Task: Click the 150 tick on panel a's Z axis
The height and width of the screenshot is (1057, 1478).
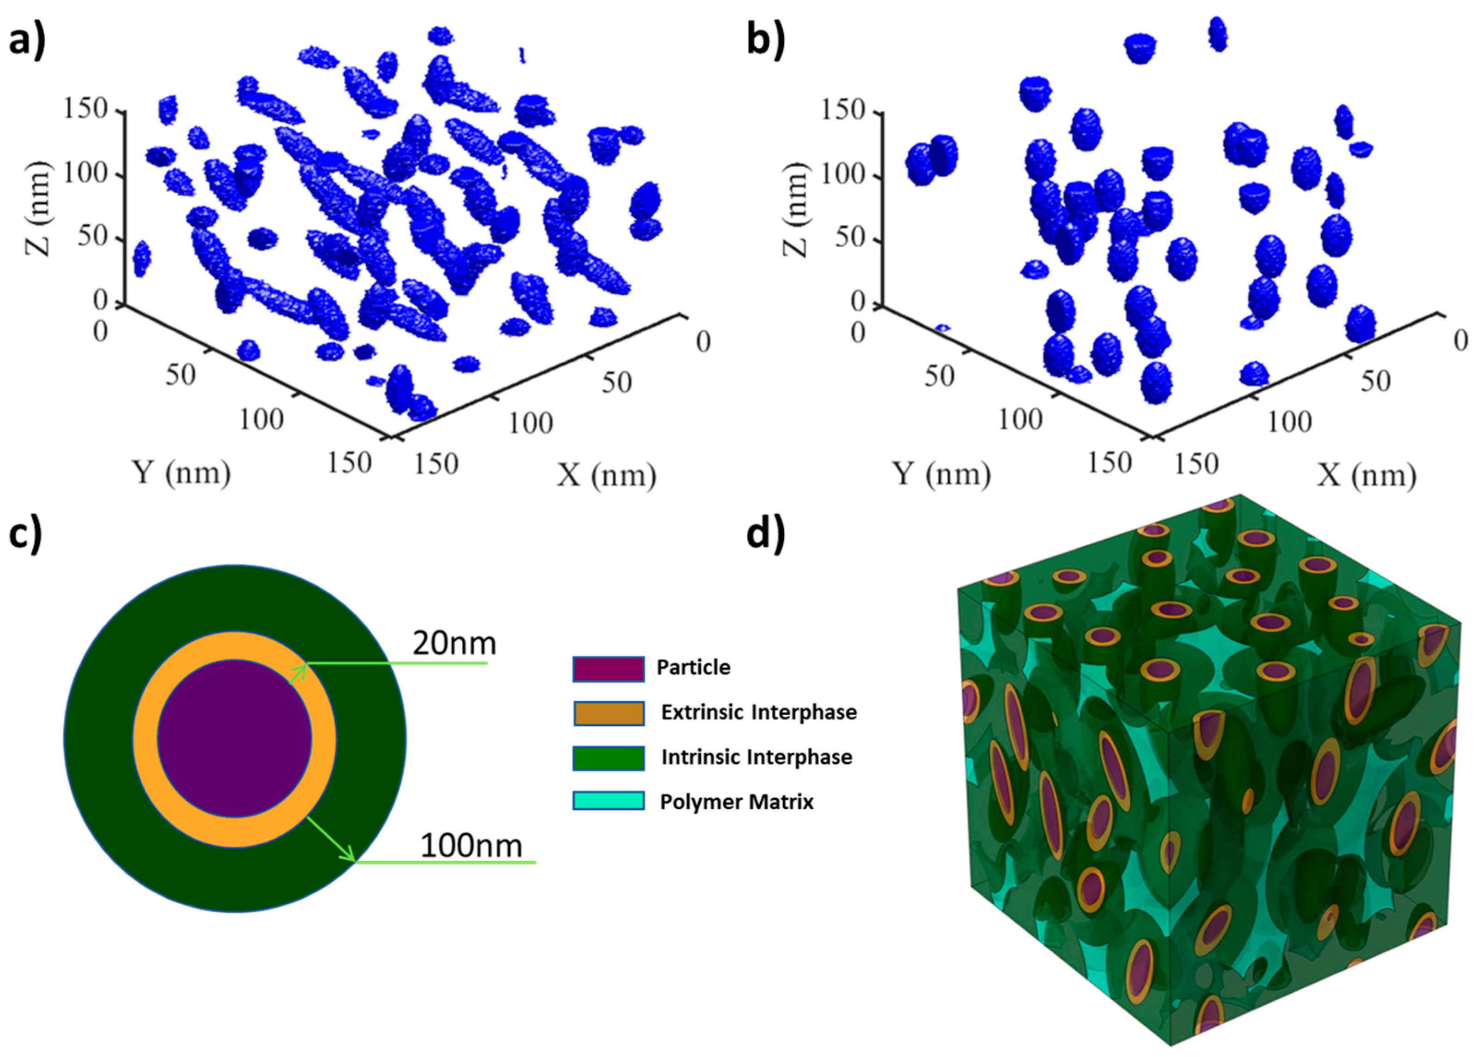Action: tap(84, 109)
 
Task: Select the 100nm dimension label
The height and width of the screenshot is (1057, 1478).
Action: tap(471, 846)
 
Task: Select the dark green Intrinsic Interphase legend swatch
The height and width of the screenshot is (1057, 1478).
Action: tap(608, 758)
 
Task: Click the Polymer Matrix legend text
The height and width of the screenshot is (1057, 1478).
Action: tap(737, 802)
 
